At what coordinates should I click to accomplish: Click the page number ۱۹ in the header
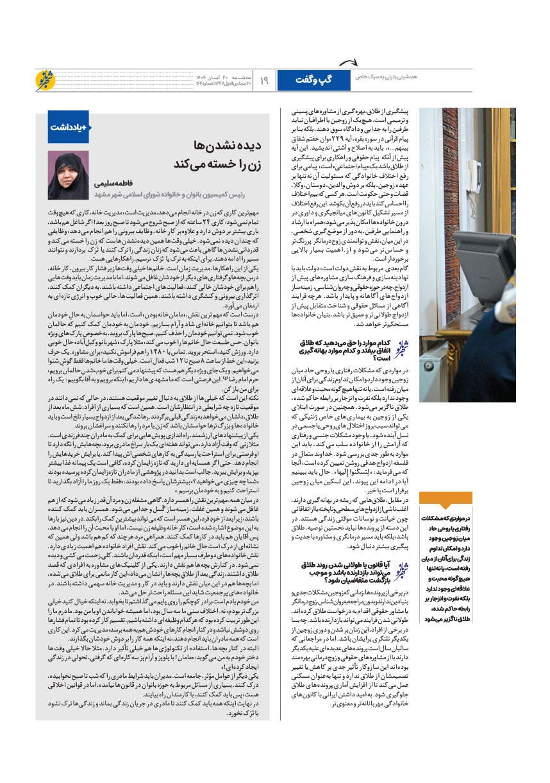(265, 80)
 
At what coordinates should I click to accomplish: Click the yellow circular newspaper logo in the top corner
(47, 80)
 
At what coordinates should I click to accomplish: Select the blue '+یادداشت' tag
(69, 126)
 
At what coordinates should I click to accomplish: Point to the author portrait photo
(69, 175)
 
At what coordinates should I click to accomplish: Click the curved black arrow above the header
(347, 61)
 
